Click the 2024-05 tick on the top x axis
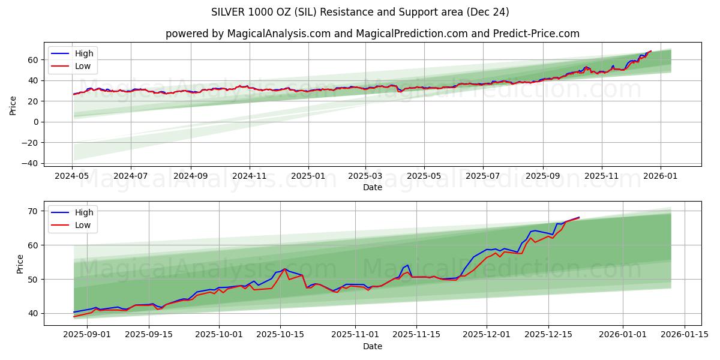pyautogui.click(x=73, y=176)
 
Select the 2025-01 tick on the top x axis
pyautogui.click(x=308, y=176)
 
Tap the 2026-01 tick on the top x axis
pyautogui.click(x=661, y=176)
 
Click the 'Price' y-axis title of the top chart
pyautogui.click(x=13, y=105)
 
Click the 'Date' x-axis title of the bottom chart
pyautogui.click(x=372, y=346)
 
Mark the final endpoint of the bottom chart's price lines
pyautogui.click(x=579, y=217)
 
